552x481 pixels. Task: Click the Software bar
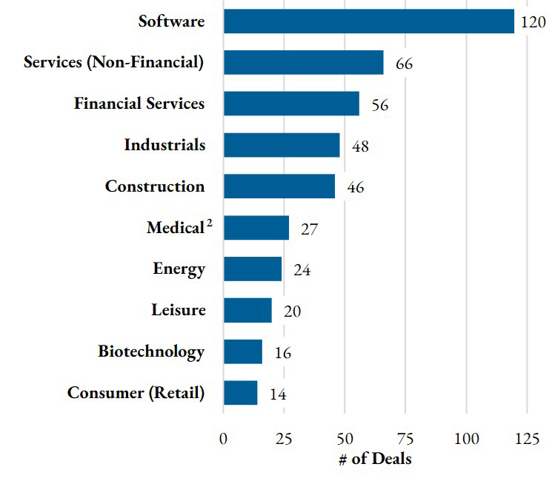369,21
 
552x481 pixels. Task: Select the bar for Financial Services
291,104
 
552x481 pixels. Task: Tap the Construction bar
279,186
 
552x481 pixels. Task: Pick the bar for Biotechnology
243,351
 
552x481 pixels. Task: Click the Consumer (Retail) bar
241,393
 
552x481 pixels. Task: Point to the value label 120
533,22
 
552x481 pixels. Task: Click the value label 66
404,64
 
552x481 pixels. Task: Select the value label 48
360,147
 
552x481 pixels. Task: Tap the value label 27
309,229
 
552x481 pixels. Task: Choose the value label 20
292,312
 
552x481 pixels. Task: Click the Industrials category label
164,145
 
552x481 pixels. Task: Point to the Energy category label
179,269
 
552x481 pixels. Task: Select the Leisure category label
178,309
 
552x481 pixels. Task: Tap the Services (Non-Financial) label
113,62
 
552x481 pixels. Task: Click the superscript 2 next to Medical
210,223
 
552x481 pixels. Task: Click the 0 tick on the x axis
224,439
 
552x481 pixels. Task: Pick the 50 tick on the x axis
345,439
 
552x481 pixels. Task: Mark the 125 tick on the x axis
527,439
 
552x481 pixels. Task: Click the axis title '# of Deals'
375,459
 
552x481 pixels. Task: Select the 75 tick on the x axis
405,439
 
